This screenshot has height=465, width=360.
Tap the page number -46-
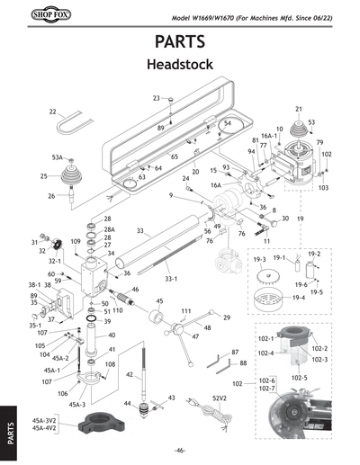pos(180,450)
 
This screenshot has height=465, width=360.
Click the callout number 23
pos(156,98)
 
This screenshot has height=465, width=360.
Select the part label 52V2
pos(219,398)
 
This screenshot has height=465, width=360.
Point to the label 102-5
pos(297,377)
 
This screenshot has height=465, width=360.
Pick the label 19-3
pos(259,260)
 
